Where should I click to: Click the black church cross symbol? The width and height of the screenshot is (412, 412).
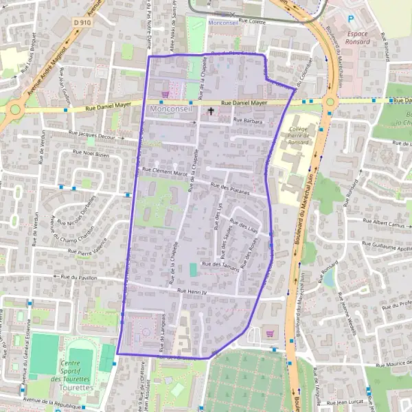[210, 110]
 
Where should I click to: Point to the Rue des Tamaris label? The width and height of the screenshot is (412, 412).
[220, 266]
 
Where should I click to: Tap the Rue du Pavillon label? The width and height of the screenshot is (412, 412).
[79, 277]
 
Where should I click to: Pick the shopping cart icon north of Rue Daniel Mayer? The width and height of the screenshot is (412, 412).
[165, 94]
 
